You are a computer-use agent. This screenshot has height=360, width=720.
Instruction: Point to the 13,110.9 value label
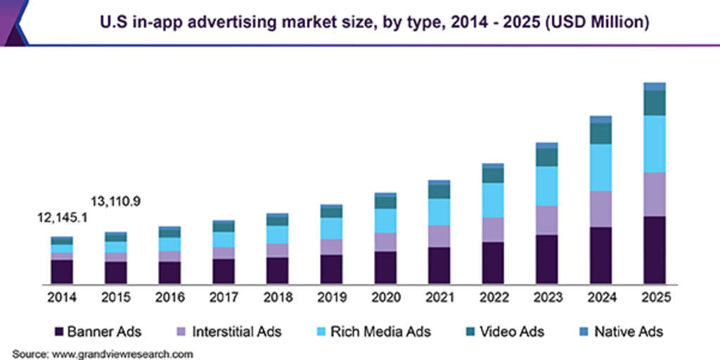coord(116,202)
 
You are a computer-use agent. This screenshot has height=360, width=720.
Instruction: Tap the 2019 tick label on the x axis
coord(331,297)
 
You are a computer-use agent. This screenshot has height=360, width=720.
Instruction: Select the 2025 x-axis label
coord(655,297)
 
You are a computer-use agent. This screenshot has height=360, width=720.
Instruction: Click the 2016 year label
coord(169,297)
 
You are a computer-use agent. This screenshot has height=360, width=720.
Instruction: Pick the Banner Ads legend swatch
coord(59,330)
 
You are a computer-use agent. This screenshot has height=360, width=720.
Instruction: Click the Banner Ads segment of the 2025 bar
coord(655,250)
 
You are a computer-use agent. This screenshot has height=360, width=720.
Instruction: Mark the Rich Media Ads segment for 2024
coord(600,167)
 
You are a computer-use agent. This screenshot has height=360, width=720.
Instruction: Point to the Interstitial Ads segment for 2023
coord(546,220)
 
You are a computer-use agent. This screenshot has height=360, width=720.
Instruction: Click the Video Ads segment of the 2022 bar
coord(493,175)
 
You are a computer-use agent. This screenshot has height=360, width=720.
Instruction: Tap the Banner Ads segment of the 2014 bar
coord(61,271)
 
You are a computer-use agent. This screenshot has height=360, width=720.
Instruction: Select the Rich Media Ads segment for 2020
coord(385,221)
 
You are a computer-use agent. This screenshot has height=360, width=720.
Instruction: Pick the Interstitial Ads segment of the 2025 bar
coord(655,194)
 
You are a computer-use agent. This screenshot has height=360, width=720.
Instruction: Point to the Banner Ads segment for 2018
coord(277,270)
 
